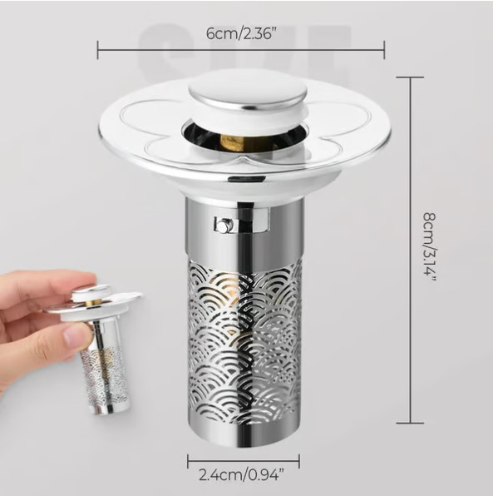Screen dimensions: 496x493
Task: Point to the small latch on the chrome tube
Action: [222, 225]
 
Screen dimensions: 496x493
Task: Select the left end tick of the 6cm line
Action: [98, 50]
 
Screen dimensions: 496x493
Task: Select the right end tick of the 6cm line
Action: [384, 50]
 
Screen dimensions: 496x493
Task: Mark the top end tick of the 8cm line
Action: [410, 77]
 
